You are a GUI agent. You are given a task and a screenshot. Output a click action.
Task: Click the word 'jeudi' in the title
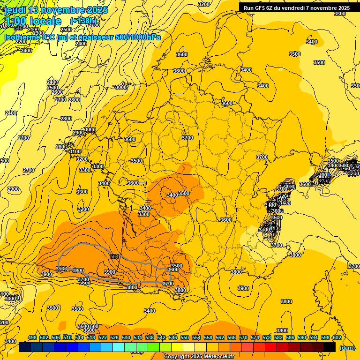(x=15, y=10)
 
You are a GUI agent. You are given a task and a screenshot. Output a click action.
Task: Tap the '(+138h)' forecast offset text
(x=83, y=21)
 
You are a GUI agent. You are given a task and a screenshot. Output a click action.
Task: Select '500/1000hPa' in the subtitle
(x=141, y=37)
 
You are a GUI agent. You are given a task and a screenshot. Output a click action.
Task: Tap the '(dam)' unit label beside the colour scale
(x=347, y=347)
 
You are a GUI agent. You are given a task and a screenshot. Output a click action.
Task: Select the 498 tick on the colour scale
(x=32, y=337)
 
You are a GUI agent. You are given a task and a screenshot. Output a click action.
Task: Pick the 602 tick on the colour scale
(x=337, y=337)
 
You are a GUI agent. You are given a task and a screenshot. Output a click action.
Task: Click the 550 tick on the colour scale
(x=185, y=337)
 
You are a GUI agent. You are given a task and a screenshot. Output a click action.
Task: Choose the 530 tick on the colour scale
(x=126, y=337)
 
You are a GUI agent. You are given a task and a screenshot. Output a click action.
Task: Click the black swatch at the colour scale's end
(x=330, y=347)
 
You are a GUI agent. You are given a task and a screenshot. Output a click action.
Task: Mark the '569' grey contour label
(x=114, y=256)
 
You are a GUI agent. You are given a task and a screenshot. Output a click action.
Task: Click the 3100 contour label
(x=75, y=151)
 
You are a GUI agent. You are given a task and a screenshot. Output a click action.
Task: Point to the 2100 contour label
(x=33, y=30)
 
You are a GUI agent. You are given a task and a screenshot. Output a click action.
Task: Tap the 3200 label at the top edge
(x=204, y=4)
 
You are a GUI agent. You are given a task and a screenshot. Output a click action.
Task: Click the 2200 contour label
(x=22, y=42)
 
